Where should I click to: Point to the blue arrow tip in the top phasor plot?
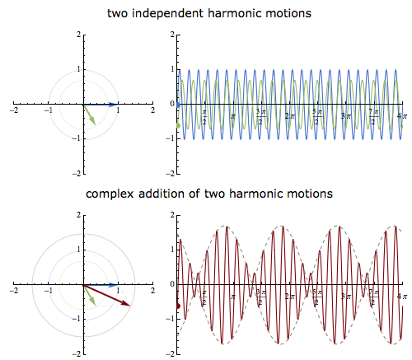(118, 105)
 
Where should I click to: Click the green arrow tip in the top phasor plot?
(96, 125)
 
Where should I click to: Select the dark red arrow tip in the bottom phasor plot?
(130, 306)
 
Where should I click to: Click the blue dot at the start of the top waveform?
(178, 105)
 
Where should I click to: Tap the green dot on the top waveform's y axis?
(178, 126)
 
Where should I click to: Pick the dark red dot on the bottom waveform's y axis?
(178, 306)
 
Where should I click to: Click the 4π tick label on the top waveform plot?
(402, 116)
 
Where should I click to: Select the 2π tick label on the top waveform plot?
(289, 116)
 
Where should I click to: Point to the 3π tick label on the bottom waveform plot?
(346, 297)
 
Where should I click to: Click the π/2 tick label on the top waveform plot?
(204, 117)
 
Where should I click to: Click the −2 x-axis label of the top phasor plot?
(14, 110)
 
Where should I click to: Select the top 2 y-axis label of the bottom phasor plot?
(79, 215)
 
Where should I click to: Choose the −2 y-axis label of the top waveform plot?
(170, 174)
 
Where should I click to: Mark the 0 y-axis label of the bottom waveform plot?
(172, 284)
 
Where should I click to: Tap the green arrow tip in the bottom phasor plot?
(96, 305)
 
